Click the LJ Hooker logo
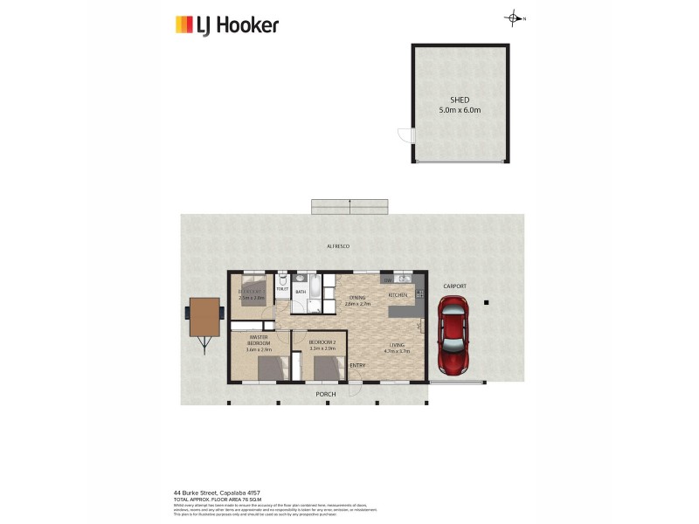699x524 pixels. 226,24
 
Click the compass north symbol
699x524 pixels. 515,18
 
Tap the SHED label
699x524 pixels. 460,100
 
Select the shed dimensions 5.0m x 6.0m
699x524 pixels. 460,111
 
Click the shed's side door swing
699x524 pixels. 405,135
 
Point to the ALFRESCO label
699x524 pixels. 338,247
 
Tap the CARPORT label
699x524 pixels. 454,286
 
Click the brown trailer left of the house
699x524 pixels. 204,318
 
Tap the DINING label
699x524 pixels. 357,299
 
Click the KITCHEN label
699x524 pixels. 398,295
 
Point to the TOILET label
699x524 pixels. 282,288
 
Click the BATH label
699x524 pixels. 300,292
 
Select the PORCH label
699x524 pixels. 326,394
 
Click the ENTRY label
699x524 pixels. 357,365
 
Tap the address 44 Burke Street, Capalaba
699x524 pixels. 217,493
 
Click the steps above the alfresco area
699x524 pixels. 349,206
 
